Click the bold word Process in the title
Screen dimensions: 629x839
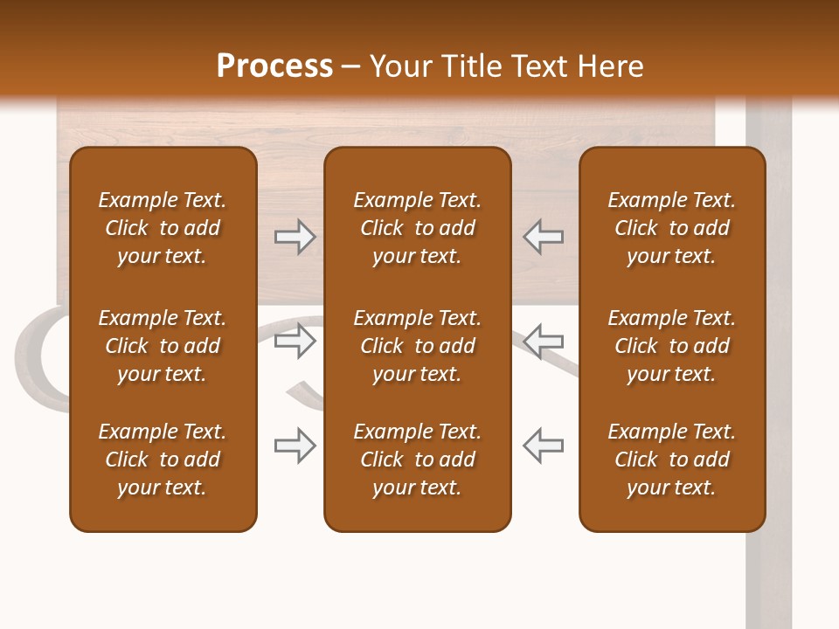274,66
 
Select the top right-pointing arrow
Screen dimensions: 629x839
295,237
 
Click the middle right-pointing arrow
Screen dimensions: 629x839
295,341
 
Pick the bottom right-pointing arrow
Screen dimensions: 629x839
295,446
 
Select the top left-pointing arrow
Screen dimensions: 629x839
543,237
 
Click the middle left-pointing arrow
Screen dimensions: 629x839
543,341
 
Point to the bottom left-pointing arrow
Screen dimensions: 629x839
543,446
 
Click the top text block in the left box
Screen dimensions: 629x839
163,228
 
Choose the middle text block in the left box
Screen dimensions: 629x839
163,346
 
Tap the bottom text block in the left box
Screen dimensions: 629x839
163,460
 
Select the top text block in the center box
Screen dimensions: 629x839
418,228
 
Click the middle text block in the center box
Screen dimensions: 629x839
418,346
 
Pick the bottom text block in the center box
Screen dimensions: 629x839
418,460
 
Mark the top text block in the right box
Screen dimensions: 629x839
672,228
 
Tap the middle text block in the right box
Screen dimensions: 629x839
672,346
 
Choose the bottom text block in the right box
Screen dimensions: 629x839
672,460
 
